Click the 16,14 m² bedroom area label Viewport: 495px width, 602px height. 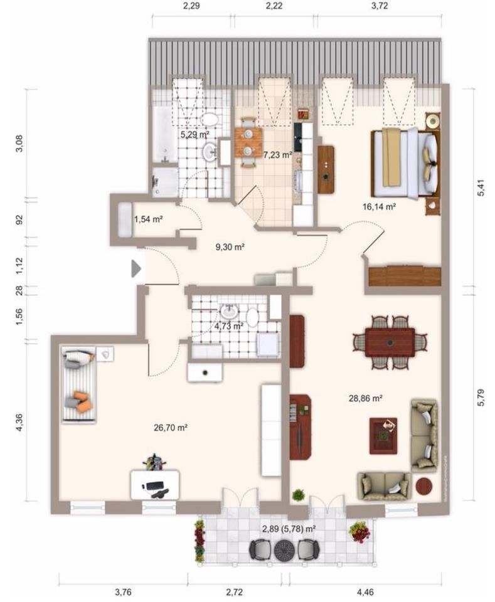click(379, 207)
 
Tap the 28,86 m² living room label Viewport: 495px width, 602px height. click(365, 399)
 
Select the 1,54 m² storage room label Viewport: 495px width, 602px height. click(148, 219)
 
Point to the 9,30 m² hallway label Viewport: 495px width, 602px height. click(230, 247)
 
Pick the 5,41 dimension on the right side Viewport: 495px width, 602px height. click(481, 187)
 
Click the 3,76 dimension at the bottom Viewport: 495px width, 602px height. click(123, 592)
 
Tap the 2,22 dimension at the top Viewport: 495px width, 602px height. click(274, 6)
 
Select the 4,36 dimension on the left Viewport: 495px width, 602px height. click(19, 421)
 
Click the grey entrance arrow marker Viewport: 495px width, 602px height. click(136, 268)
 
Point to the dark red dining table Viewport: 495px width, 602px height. click(390, 342)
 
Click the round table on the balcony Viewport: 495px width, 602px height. click(284, 550)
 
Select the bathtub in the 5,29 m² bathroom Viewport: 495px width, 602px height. click(165, 134)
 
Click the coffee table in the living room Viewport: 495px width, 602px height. click(383, 436)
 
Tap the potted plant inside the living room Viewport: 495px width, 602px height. click(298, 495)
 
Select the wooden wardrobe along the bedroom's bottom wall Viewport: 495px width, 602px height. click(405, 275)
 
